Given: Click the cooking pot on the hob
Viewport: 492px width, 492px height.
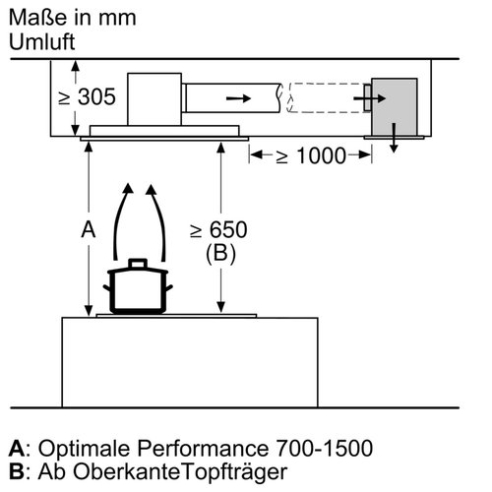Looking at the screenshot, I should coord(138,290).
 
